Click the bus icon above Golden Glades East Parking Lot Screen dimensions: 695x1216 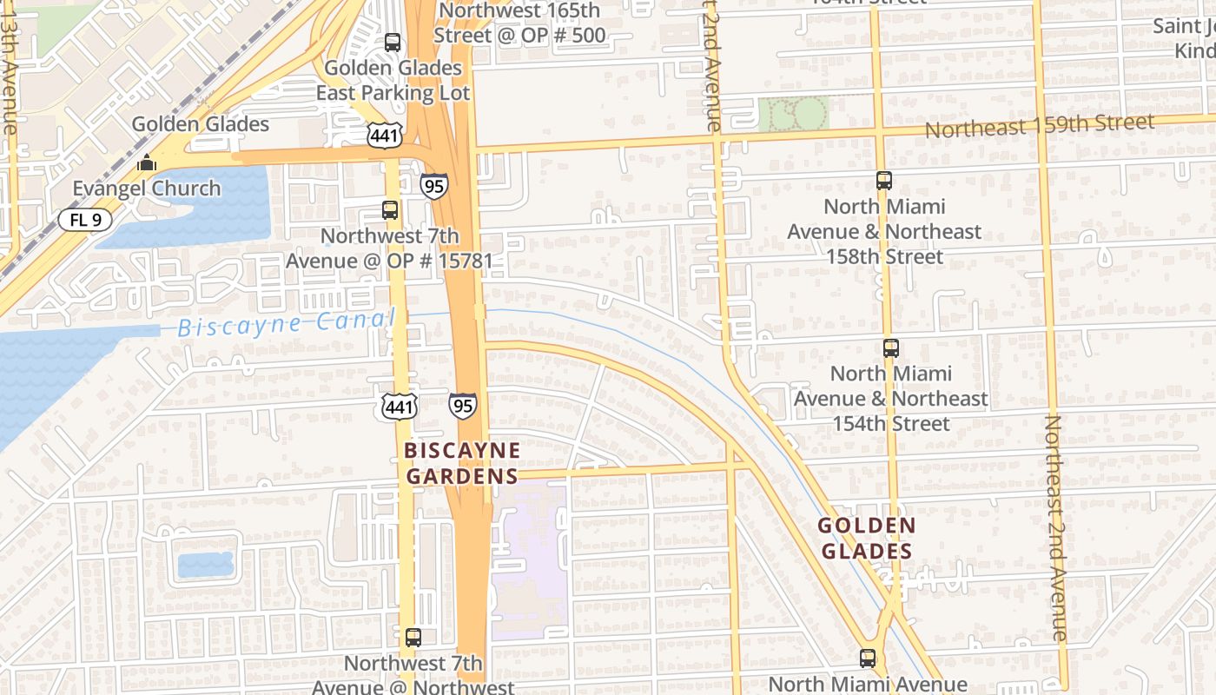click(393, 43)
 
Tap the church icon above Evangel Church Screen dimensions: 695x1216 click(146, 163)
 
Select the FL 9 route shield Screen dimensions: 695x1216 click(86, 219)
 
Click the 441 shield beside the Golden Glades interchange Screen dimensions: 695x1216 click(383, 135)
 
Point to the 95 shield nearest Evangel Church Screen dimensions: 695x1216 click(433, 185)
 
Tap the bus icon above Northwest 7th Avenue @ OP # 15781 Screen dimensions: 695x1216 click(390, 210)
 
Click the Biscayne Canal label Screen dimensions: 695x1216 click(286, 324)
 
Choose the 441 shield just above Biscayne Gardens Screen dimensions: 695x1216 click(400, 406)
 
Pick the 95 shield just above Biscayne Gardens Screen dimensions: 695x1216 click(462, 405)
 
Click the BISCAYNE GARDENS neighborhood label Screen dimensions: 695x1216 click(462, 463)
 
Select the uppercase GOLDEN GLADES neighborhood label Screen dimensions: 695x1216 click(867, 539)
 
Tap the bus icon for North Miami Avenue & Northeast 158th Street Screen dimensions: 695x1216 click(884, 181)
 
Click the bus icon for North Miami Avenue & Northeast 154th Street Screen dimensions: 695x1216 click(891, 348)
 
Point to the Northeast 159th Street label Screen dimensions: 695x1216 click(1039, 126)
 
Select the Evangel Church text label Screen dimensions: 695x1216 click(146, 189)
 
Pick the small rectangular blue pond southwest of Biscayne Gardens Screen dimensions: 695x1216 click(206, 566)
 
